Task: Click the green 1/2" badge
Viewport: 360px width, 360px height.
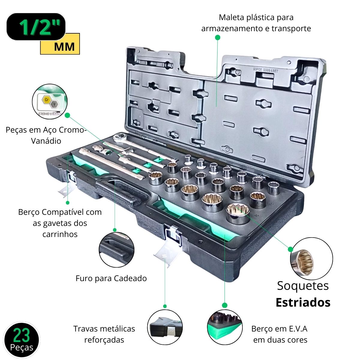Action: click(x=36, y=27)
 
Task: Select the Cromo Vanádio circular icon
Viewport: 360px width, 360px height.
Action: click(x=49, y=102)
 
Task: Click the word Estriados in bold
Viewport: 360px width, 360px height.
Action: click(x=303, y=302)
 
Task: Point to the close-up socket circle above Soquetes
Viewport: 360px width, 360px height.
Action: click(x=311, y=259)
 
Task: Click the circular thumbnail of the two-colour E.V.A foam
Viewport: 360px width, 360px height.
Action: click(x=224, y=327)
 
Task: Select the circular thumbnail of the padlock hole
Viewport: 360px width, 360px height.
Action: click(x=116, y=250)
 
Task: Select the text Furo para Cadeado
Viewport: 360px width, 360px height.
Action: click(x=111, y=278)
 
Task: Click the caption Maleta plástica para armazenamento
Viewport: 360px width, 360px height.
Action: click(x=256, y=23)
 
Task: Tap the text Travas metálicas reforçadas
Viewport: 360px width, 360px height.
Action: click(x=104, y=334)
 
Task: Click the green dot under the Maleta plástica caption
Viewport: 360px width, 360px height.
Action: click(x=218, y=37)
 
